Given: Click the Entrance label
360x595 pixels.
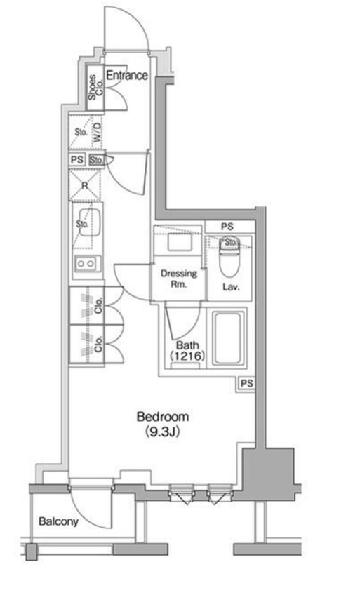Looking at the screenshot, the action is click(127, 75).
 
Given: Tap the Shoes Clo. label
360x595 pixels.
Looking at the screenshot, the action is click(95, 88).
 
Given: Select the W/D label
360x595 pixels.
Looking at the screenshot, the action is click(98, 132).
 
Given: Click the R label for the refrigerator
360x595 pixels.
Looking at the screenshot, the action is click(85, 185).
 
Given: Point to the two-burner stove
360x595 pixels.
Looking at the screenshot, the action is click(88, 264).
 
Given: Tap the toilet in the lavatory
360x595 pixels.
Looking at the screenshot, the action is click(230, 258).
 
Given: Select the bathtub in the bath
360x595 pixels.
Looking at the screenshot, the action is click(227, 338).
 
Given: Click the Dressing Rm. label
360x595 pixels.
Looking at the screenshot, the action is click(179, 279).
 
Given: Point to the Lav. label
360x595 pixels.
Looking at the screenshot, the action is click(231, 287).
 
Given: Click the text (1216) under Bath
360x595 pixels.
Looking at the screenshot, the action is click(187, 356).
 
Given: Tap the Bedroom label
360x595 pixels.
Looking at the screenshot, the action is click(163, 417).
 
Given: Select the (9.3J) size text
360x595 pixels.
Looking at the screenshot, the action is click(162, 432).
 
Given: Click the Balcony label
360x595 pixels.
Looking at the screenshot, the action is click(58, 521).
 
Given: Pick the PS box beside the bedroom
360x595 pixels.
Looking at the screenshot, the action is click(246, 384).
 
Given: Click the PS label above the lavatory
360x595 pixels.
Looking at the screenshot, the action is click(227, 227).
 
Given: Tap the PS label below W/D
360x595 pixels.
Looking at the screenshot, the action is click(77, 160).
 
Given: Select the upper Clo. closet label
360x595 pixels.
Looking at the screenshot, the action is click(98, 306).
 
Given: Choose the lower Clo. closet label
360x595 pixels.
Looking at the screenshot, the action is click(98, 345).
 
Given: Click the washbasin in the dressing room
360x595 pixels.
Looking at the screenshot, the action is click(180, 241).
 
